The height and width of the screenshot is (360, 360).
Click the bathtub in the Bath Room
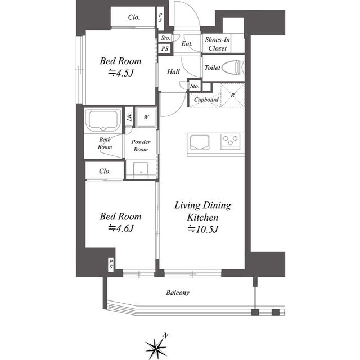pos(103,120)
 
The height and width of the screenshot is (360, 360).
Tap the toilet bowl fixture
pos(233,67)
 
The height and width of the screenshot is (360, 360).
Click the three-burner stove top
pos(231,141)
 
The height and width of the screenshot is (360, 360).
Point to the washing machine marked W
pos(146,117)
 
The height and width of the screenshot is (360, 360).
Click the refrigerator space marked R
pos(232,95)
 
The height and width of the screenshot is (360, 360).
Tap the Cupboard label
pos(206,100)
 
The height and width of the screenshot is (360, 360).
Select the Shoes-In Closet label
pos(217,44)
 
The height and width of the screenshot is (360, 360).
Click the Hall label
pos(173,71)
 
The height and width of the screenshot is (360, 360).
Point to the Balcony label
pos(178,292)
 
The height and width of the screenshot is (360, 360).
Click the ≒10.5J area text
pos(202,229)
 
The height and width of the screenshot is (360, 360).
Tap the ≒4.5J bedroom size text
pos(121,73)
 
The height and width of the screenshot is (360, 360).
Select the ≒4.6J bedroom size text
pos(121,228)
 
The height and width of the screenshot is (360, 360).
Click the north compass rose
pos(156,347)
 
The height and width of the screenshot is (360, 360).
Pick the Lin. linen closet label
pos(129,116)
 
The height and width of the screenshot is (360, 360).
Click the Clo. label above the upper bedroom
pos(134,17)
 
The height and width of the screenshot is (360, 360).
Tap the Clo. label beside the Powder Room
pos(105,171)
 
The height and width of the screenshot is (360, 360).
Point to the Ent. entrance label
pos(187,44)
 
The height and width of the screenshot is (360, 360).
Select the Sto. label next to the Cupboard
pos(195,86)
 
